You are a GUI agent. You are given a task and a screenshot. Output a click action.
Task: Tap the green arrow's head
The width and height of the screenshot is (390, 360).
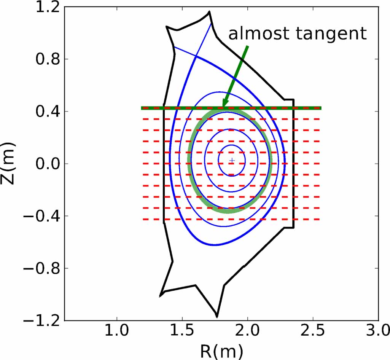(224, 105)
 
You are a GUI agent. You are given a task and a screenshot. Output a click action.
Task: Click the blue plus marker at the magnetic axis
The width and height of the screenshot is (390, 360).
(232, 161)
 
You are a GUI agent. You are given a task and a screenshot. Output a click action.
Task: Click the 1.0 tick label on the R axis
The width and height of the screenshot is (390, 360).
(117, 333)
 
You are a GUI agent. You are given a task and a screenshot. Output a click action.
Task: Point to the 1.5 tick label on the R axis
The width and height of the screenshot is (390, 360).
(182, 333)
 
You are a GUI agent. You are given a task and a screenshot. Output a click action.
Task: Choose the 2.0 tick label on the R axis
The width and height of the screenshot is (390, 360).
(248, 333)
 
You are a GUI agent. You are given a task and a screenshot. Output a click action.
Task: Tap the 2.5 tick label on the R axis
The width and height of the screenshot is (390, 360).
(313, 333)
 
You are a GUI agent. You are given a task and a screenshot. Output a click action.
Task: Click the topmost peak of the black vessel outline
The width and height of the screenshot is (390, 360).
(209, 12)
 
